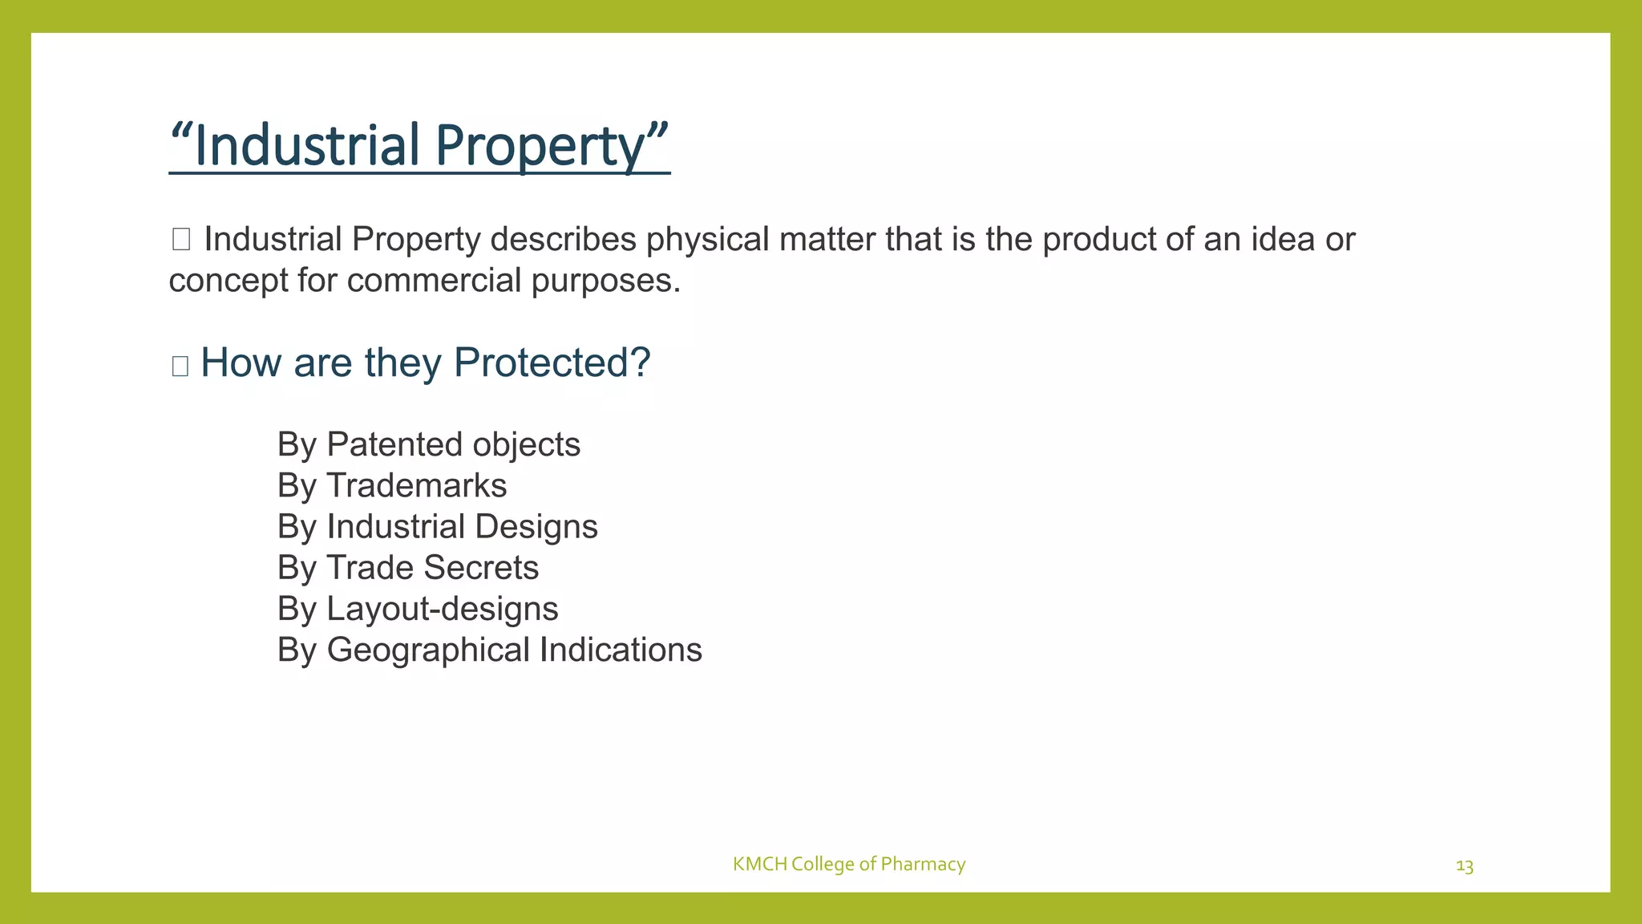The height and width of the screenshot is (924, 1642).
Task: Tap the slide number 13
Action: coord(1464,866)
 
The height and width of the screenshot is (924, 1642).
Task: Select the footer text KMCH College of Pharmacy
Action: coord(848,864)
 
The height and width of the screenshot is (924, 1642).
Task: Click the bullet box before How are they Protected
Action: coord(180,366)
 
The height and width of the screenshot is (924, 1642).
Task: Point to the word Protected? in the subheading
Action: coord(552,363)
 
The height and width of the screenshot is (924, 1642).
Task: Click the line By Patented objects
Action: coord(428,444)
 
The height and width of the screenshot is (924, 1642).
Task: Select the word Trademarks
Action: coord(417,485)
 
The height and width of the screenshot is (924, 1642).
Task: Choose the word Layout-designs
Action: coord(443,609)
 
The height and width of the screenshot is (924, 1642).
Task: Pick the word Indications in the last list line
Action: coord(621,650)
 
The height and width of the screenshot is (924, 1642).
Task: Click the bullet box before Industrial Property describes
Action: coord(180,239)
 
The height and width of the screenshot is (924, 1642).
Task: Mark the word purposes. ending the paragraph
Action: coord(606,282)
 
